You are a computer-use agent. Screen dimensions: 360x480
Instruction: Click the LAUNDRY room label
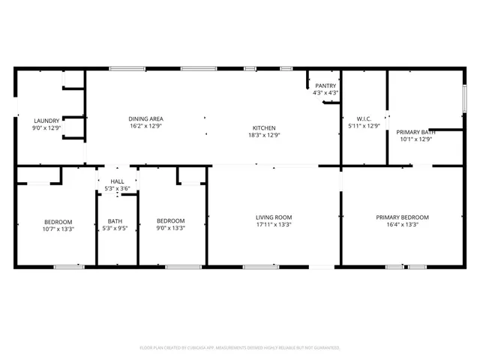click(46, 120)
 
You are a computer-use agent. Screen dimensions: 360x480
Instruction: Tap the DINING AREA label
click(145, 118)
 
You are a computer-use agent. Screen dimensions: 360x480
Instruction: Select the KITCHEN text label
click(263, 127)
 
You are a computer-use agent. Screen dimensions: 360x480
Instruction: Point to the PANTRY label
click(325, 85)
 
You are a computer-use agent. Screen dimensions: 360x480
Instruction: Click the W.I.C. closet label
click(364, 118)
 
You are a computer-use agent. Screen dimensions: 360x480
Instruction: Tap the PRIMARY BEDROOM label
click(407, 217)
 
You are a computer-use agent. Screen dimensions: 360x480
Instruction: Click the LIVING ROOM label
click(274, 217)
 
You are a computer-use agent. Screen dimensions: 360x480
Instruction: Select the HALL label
click(117, 181)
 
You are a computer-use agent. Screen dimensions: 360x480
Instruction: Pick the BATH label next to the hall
click(115, 220)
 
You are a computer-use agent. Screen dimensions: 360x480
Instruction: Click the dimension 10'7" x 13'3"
click(58, 229)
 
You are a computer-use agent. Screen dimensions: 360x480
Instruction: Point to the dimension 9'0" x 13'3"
click(170, 228)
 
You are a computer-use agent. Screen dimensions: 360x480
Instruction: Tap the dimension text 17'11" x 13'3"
click(274, 225)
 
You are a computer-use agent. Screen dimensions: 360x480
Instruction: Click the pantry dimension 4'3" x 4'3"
click(325, 93)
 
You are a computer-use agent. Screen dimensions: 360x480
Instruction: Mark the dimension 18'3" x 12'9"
click(263, 136)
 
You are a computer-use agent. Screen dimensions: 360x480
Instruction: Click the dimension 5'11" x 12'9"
click(364, 126)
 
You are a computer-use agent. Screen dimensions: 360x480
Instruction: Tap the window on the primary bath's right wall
click(465, 98)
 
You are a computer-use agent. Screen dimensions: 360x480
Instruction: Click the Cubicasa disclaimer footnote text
click(240, 348)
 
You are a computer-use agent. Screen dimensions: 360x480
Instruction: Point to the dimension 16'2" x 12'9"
click(145, 127)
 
